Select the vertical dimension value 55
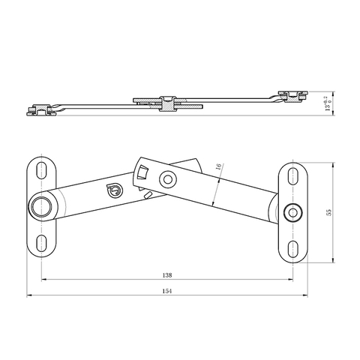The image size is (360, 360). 328,212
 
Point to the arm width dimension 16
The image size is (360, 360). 218,170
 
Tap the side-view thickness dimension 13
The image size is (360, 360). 327,103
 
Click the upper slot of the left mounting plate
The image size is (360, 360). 40,169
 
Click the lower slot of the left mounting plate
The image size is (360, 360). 40,241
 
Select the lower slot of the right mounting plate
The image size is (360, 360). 292,247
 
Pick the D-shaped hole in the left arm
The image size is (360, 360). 114,191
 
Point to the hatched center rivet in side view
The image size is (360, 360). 169,104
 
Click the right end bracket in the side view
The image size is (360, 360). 293,94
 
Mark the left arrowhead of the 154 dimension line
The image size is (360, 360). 29,295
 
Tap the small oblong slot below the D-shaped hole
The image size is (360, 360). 149,196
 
